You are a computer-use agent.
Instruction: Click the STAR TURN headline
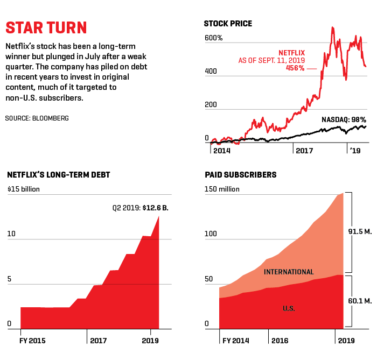[x=46, y=28]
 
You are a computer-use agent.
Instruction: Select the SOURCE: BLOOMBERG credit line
[x=37, y=117]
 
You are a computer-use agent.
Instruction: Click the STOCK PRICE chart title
[x=228, y=24]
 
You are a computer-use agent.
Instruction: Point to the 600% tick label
[x=214, y=38]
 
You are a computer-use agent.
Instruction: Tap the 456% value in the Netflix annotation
[x=295, y=68]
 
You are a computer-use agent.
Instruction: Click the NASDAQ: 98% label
[x=344, y=119]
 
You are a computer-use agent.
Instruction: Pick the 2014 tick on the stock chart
[x=221, y=151]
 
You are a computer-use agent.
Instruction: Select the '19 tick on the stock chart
[x=355, y=151]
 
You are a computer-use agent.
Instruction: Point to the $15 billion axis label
[x=24, y=189]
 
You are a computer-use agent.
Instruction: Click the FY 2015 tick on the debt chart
[x=33, y=340]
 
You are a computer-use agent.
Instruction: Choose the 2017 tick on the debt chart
[x=99, y=340]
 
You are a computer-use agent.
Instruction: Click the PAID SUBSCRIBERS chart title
[x=241, y=175]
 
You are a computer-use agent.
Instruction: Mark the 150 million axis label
[x=222, y=189]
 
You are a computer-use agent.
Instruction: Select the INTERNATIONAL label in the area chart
[x=289, y=272]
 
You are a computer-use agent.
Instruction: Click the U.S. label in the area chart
[x=289, y=308]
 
